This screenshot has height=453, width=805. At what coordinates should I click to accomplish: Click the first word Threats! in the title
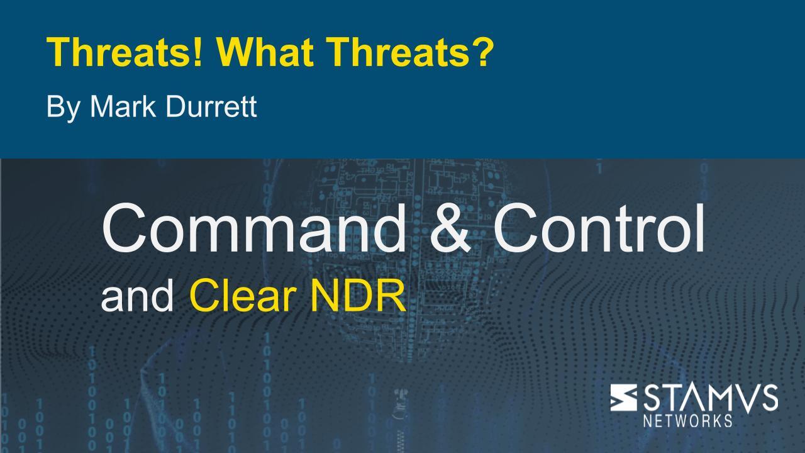[124, 52]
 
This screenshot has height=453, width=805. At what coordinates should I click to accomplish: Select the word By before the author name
[63, 108]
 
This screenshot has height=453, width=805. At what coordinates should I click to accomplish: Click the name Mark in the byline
[123, 106]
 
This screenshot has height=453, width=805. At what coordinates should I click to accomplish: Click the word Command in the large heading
[253, 228]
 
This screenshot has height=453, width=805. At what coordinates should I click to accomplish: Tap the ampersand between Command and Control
[450, 228]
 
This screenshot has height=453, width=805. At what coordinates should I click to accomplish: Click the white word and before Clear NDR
[137, 296]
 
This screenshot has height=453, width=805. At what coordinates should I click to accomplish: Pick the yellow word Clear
[243, 296]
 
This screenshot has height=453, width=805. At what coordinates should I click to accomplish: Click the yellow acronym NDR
[358, 296]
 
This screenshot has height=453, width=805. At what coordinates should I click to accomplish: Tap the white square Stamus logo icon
[623, 397]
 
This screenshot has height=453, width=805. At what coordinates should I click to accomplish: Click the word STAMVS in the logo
[711, 398]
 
